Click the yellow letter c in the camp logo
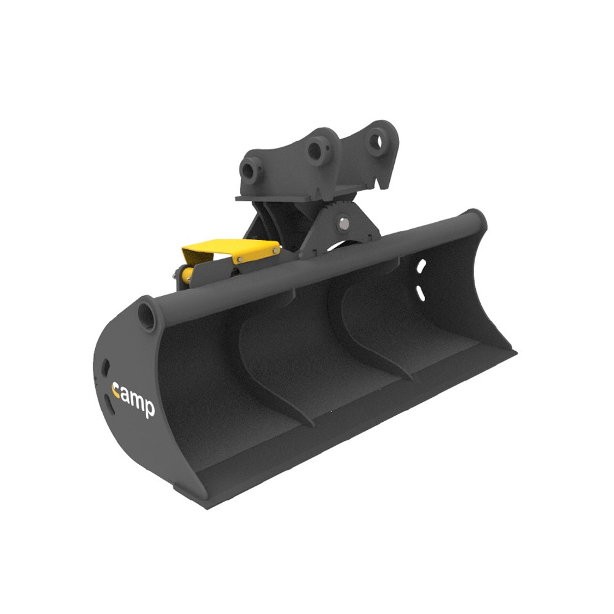point(115,391)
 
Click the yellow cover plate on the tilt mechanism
point(231,250)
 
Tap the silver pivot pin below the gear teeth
point(344,223)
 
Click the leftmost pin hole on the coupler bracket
point(249,170)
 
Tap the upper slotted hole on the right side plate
point(421,266)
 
